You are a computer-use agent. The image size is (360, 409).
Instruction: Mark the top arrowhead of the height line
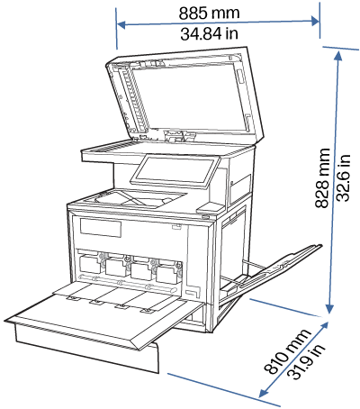(x=337, y=52)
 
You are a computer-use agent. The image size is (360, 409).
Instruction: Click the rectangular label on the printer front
(x=100, y=228)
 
